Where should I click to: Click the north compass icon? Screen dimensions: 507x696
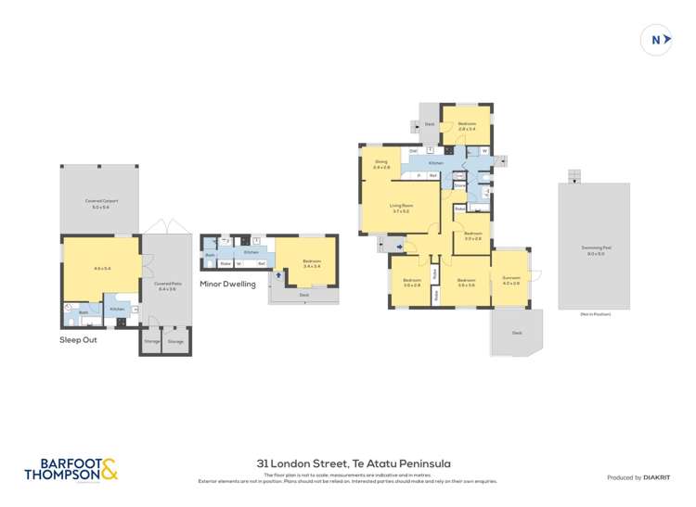pyautogui.click(x=656, y=40)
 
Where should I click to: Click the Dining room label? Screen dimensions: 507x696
pyautogui.click(x=380, y=162)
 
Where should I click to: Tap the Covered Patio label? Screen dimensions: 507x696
pyautogui.click(x=167, y=285)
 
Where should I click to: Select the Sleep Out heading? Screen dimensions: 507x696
pyautogui.click(x=78, y=340)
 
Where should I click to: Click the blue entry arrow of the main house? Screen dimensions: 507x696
pyautogui.click(x=399, y=247)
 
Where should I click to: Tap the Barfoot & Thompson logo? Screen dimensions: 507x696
pyautogui.click(x=71, y=470)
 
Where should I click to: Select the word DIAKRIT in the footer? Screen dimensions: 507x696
pyautogui.click(x=655, y=477)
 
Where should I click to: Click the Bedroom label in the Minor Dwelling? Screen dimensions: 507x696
pyautogui.click(x=312, y=261)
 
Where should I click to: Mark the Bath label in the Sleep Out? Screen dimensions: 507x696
pyautogui.click(x=83, y=313)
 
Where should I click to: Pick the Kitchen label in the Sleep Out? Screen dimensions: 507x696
pyautogui.click(x=117, y=309)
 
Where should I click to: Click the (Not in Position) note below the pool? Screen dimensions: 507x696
pyautogui.click(x=594, y=315)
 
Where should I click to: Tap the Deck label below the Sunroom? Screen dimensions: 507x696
pyautogui.click(x=517, y=333)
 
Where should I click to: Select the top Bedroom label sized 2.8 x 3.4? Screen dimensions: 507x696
pyautogui.click(x=466, y=124)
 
